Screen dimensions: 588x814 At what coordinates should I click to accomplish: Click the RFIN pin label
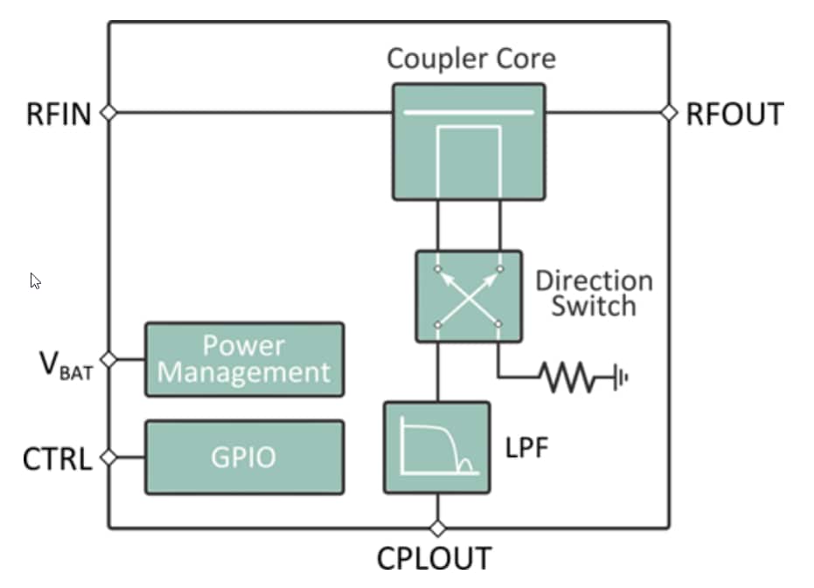(58, 114)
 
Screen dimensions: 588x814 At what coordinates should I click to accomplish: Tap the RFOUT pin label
(734, 114)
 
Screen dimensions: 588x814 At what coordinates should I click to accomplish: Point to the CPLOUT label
(435, 558)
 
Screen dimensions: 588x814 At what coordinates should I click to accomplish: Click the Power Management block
(244, 360)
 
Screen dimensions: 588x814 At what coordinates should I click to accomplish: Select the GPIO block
(244, 457)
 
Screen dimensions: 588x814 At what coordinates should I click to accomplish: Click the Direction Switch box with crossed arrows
(469, 296)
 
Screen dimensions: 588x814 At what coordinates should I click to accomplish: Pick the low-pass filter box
(436, 447)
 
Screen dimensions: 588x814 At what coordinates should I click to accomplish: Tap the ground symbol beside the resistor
(621, 378)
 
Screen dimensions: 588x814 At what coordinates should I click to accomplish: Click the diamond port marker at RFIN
(108, 113)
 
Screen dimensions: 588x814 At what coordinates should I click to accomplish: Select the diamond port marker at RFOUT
(669, 113)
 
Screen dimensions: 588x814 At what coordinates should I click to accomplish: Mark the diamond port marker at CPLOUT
(437, 528)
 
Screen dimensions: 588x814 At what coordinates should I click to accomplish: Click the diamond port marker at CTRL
(108, 457)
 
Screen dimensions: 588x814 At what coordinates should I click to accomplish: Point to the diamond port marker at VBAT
(108, 359)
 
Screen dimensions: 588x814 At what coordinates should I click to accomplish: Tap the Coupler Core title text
(470, 59)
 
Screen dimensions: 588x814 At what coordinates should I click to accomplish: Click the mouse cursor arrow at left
(35, 280)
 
